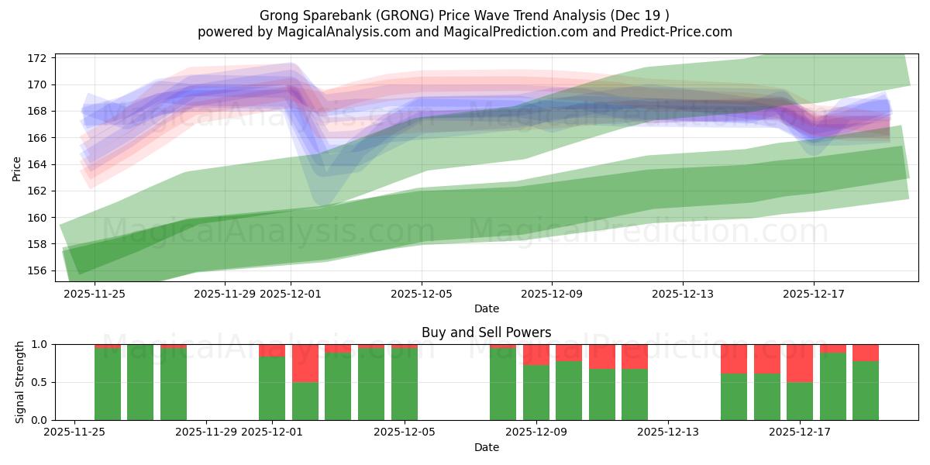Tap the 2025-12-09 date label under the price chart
pyautogui.click(x=552, y=294)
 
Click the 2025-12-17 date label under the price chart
pyautogui.click(x=813, y=294)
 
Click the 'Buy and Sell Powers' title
pyautogui.click(x=486, y=332)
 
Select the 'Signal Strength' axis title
pyautogui.click(x=20, y=382)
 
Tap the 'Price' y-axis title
pyautogui.click(x=17, y=167)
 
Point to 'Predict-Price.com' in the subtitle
pyautogui.click(x=680, y=32)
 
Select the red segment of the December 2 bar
pyautogui.click(x=305, y=363)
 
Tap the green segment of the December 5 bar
pyautogui.click(x=405, y=384)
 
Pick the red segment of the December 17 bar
pyautogui.click(x=800, y=363)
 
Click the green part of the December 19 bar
pyautogui.click(x=866, y=391)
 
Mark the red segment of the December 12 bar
pyautogui.click(x=635, y=356)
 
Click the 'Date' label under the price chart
pyautogui.click(x=486, y=308)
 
